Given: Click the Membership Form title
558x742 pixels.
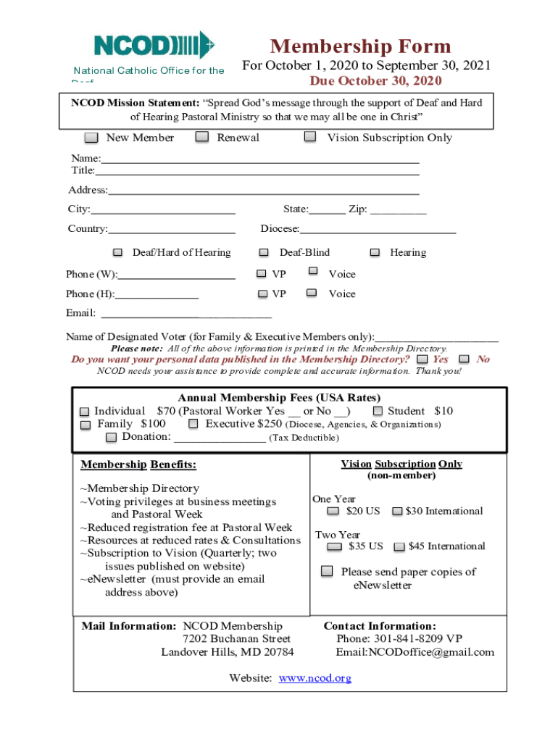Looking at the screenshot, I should tap(360, 47).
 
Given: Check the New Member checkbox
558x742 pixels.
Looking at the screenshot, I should tap(91, 138).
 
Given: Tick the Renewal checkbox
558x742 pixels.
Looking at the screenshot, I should tap(202, 137).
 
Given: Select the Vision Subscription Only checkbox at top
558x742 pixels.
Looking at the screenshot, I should tap(310, 136).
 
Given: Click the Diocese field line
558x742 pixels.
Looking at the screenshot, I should tap(378, 230).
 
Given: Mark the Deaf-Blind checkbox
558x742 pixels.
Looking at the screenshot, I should tap(265, 252).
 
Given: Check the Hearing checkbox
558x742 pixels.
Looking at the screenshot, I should tap(375, 252).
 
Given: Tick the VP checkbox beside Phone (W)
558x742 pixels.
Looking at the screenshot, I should tap(262, 274).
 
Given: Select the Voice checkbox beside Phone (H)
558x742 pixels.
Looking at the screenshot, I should tap(312, 293).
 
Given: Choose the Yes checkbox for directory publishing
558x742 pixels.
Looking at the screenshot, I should tap(422, 359).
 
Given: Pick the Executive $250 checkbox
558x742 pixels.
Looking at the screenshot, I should tap(193, 424).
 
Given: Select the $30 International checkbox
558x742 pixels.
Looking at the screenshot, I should tap(397, 512).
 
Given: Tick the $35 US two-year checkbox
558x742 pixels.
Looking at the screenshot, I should tap(334, 546).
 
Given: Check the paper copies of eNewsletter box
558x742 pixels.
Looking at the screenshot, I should tap(328, 571).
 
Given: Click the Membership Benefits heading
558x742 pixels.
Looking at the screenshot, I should tap(138, 464).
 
